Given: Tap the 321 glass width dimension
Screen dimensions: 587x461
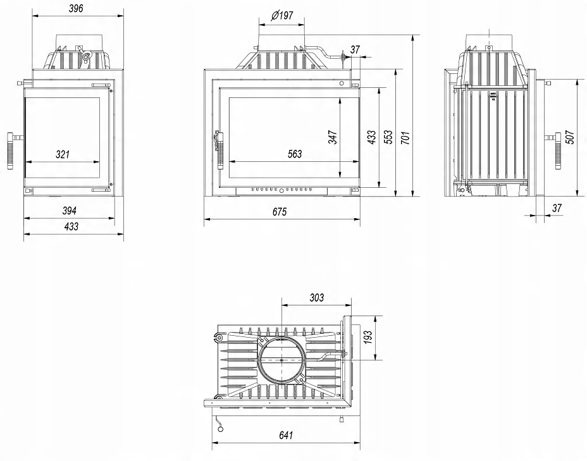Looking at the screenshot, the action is tap(62, 154).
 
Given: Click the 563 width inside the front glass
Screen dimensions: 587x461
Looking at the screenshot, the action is tap(295, 154).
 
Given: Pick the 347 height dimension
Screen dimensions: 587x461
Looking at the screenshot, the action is tap(333, 137).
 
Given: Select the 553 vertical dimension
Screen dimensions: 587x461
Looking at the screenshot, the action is tap(388, 137).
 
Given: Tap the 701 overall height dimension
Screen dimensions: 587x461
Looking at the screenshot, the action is tap(405, 137).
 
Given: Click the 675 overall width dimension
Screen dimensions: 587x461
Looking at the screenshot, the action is tap(280, 212).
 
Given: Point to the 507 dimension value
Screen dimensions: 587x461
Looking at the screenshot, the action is tap(570, 137).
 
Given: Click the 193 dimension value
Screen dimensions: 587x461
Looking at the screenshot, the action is tap(368, 338).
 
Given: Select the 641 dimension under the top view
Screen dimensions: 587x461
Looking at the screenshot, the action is tap(287, 435).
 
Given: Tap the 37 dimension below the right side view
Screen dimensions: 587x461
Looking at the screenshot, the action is tap(557, 207).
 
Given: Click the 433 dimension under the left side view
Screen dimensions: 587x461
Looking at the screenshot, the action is tap(71, 227).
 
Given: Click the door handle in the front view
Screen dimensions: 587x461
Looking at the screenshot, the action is tap(219, 149).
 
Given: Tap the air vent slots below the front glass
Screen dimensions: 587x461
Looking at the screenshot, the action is tap(281, 189).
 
